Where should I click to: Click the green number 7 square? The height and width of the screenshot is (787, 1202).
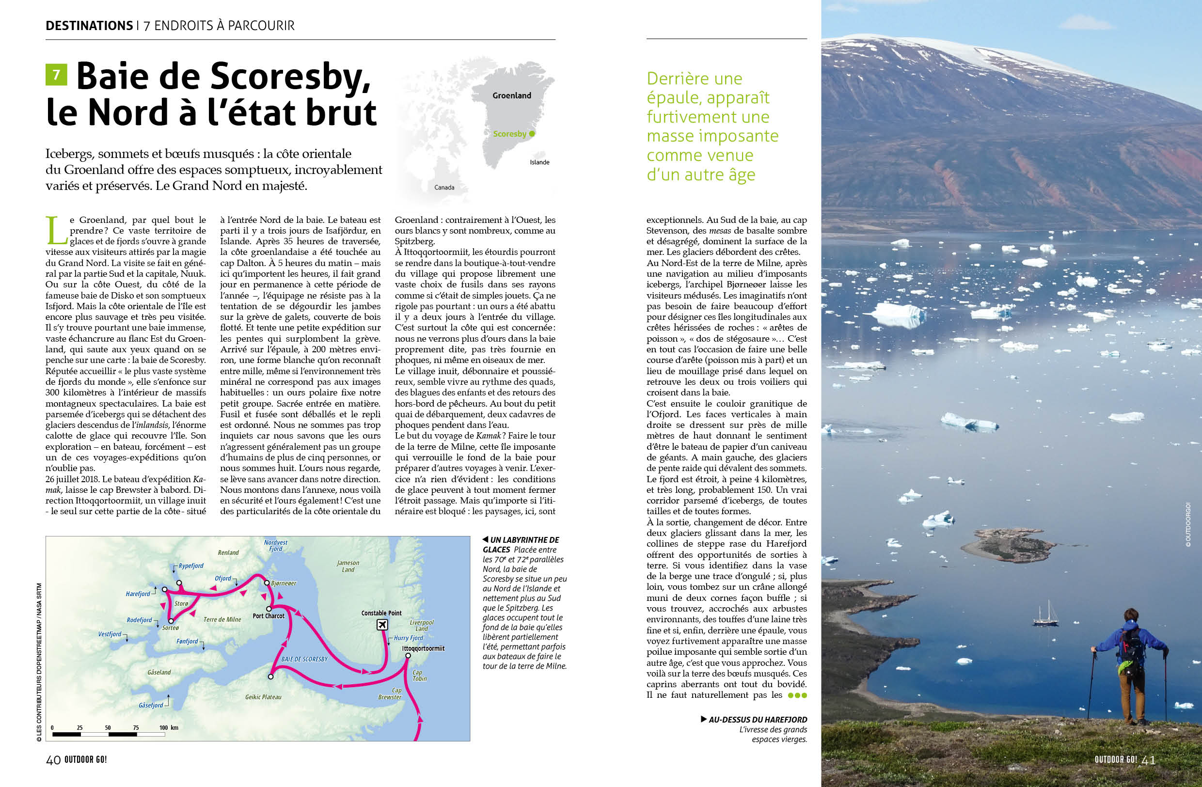56,75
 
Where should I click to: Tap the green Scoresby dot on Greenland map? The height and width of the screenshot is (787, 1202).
532,134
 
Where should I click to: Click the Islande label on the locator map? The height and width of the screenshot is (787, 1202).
539,162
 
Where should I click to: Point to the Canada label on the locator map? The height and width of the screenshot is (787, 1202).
444,187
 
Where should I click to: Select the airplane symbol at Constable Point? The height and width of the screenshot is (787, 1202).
382,625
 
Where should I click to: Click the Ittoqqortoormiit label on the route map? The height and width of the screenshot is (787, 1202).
423,648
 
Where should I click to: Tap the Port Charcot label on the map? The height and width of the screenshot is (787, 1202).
268,616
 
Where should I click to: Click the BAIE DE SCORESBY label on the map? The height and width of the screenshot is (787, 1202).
304,659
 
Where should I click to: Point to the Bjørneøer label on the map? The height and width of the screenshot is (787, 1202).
284,583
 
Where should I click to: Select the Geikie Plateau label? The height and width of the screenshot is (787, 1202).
263,697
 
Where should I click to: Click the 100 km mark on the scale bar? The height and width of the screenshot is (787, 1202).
168,727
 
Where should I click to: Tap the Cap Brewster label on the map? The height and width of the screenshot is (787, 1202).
390,693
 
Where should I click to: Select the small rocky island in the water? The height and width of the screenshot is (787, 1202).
1008,545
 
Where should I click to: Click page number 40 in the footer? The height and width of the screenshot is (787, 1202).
53,760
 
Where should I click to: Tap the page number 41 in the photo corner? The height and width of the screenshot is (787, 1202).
1149,760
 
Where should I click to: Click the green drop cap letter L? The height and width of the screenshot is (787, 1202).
54,230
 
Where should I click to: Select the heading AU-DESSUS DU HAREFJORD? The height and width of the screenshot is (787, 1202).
757,719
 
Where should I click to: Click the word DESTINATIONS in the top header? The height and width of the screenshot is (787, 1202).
89,26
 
